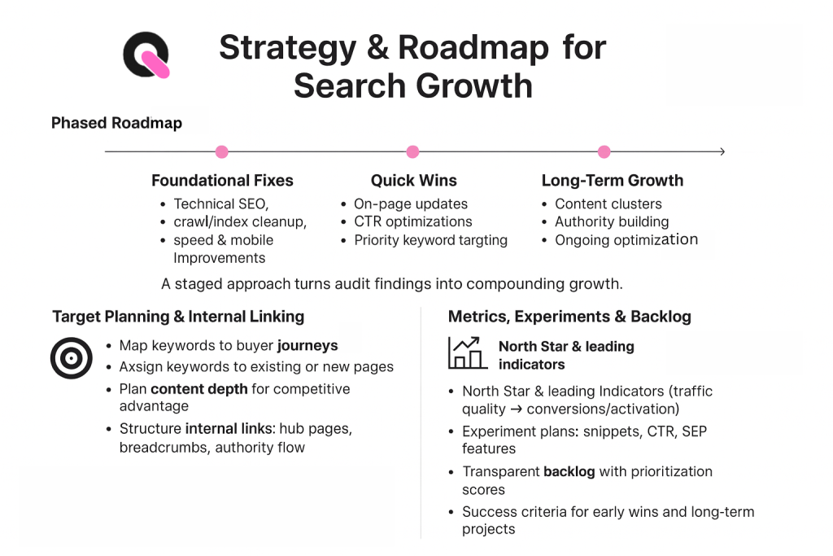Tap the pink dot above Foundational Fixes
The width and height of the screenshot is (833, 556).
pos(221,151)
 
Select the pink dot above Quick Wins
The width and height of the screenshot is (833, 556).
pos(412,151)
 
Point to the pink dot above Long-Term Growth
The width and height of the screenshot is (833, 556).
pos(604,151)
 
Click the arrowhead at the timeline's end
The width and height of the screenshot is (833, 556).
pos(721,151)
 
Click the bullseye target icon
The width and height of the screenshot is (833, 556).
pos(72,358)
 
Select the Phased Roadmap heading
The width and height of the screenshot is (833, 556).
pos(116,123)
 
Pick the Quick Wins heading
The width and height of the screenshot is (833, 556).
pos(413,181)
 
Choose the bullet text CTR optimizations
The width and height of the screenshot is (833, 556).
pos(412,221)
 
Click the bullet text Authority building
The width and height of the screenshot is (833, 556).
pos(612,221)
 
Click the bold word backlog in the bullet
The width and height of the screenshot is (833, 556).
pos(569,471)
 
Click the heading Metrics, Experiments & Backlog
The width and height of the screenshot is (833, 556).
pos(569,317)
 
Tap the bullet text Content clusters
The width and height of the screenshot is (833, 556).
pos(608,204)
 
